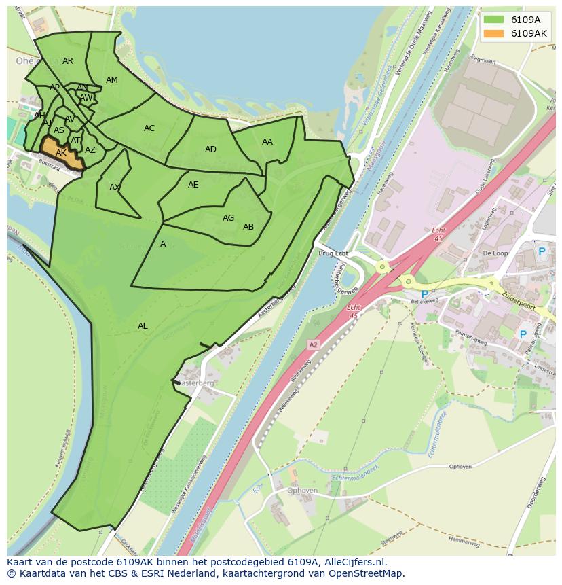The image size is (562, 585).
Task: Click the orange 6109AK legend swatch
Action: [x=493, y=33]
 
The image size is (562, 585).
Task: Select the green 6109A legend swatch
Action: [x=493, y=20]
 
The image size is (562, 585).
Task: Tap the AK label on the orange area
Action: [x=61, y=153]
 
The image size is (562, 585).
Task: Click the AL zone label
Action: [x=143, y=326]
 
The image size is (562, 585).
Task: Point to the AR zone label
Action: [x=68, y=61]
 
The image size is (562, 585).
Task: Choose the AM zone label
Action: [x=112, y=80]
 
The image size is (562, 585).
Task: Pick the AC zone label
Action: [x=149, y=128]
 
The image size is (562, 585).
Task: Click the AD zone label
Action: [x=210, y=149]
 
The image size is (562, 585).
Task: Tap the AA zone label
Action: [x=267, y=142]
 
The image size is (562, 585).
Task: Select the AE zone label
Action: [x=193, y=185]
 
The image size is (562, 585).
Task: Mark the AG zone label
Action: [x=228, y=218]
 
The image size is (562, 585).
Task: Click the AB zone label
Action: [x=248, y=227]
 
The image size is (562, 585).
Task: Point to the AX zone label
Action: [x=115, y=188]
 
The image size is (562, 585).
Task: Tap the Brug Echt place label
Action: [x=333, y=253]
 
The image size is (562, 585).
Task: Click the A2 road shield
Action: [x=313, y=345]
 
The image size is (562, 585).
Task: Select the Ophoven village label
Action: [x=302, y=491]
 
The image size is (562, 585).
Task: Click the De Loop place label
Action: [x=495, y=253]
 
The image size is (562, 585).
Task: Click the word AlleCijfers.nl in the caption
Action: [x=354, y=562]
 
